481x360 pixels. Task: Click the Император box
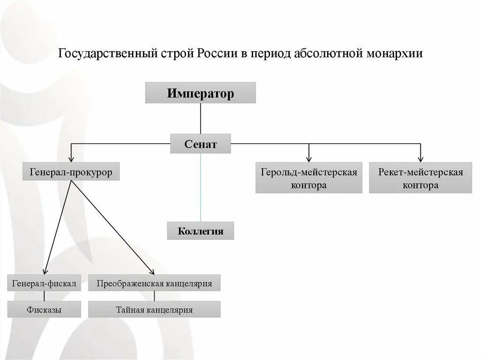pyautogui.click(x=201, y=93)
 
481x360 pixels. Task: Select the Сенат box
pyautogui.click(x=201, y=144)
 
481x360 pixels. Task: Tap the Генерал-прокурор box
pyautogui.click(x=71, y=172)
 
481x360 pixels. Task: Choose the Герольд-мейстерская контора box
pyautogui.click(x=309, y=178)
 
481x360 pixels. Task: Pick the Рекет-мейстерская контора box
pyautogui.click(x=420, y=178)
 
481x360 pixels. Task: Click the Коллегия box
pyautogui.click(x=201, y=231)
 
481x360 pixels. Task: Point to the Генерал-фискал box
pyautogui.click(x=44, y=283)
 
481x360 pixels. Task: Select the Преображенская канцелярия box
pyautogui.click(x=154, y=283)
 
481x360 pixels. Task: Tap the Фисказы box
pyautogui.click(x=44, y=309)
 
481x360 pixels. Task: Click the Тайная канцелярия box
pyautogui.click(x=154, y=309)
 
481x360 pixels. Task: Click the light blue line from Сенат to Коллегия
pyautogui.click(x=201, y=188)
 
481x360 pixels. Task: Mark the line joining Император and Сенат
pyautogui.click(x=201, y=118)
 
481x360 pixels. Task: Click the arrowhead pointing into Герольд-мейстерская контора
pyautogui.click(x=309, y=160)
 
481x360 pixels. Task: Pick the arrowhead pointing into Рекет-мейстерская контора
pyautogui.click(x=420, y=160)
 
